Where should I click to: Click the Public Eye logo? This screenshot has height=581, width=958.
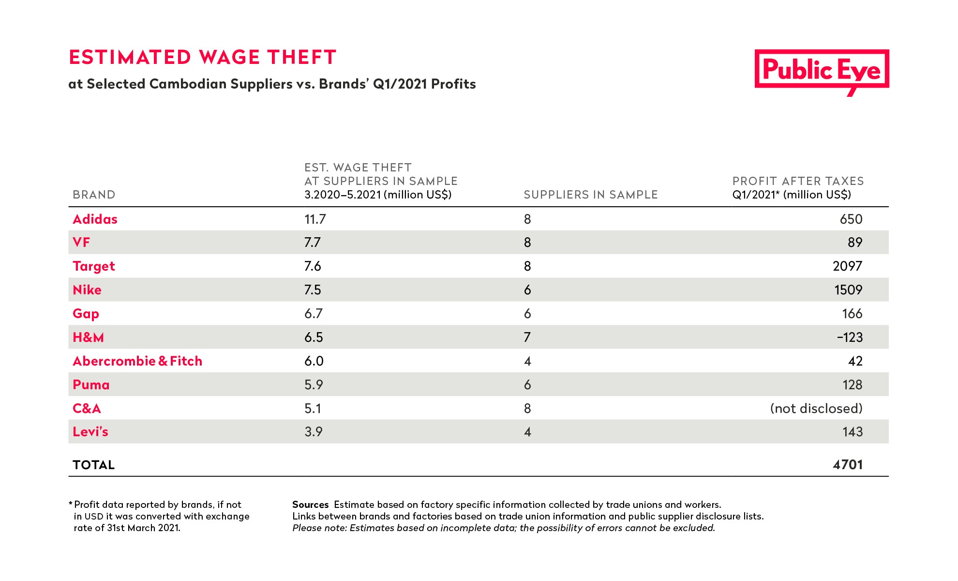tap(822, 71)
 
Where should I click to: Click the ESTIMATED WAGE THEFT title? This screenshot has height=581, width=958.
tap(202, 57)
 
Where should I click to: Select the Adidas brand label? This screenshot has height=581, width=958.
tap(95, 219)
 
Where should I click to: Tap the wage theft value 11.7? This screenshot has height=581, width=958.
tap(315, 219)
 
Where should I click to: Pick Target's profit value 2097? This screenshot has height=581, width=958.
tap(847, 266)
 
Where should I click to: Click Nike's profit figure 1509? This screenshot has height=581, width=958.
tap(848, 290)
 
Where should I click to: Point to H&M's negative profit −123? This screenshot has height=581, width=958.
tap(850, 337)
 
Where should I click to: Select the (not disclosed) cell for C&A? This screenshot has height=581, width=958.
tap(816, 409)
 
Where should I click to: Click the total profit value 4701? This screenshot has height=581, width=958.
tap(848, 465)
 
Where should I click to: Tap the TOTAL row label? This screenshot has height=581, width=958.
tap(93, 465)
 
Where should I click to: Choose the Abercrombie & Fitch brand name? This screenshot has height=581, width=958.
tap(137, 361)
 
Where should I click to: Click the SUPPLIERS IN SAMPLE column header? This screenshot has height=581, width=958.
tap(591, 195)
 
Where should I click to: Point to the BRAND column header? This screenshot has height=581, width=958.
tap(94, 195)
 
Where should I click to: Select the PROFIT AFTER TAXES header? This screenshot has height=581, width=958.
tap(798, 181)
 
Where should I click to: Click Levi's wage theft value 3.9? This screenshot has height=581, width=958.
tap(314, 432)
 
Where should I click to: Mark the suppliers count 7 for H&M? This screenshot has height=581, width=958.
tap(527, 337)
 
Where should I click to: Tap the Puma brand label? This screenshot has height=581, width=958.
tap(91, 385)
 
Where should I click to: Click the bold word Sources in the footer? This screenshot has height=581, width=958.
tap(310, 505)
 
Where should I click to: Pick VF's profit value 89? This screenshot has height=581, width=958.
tap(855, 243)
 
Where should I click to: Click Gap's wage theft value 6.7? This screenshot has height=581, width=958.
tap(314, 314)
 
